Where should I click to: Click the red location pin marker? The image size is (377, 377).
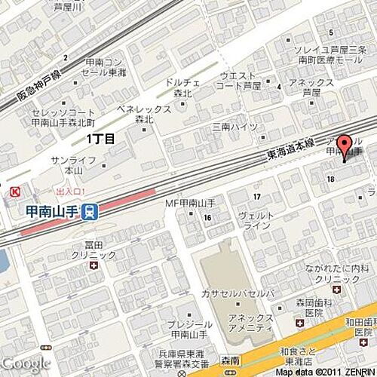click(345, 147)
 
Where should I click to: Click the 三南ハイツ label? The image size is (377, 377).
click(234, 127)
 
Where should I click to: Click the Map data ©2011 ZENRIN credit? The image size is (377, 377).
click(324, 372)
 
